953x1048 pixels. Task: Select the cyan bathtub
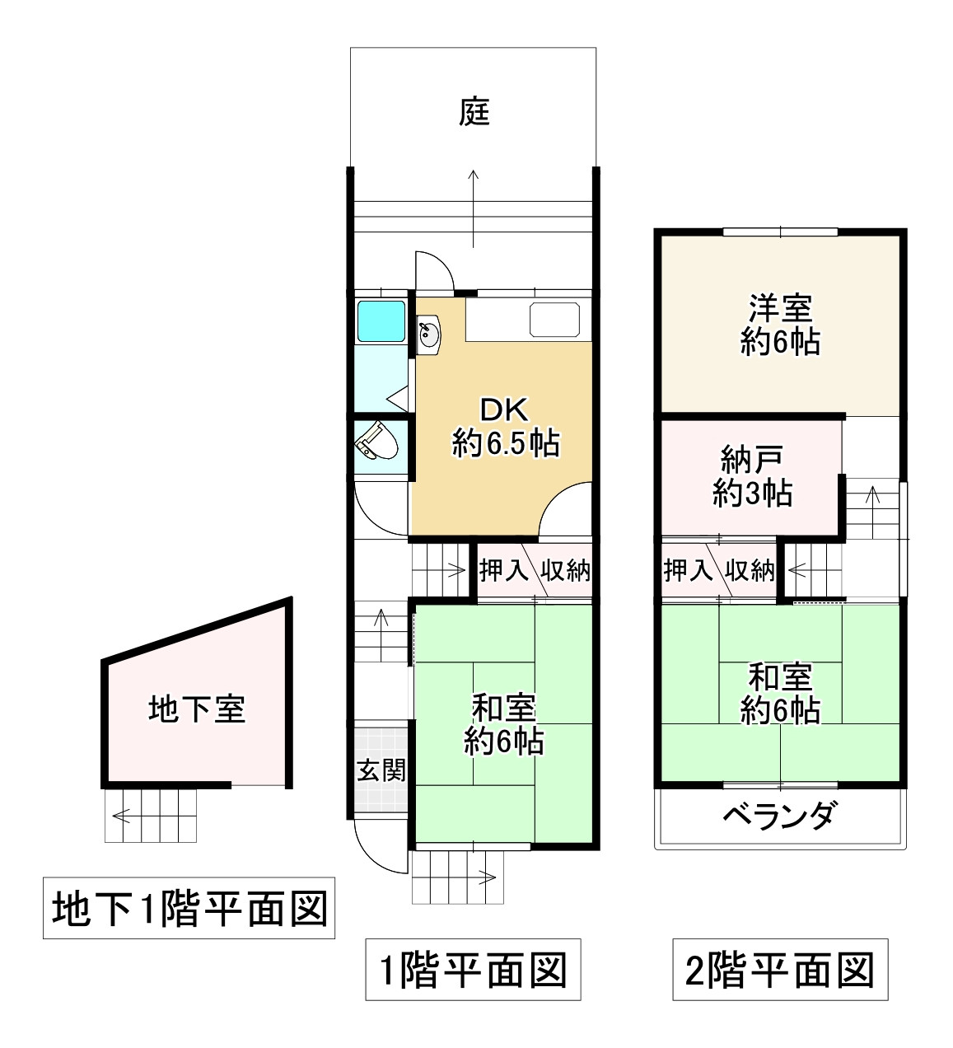[381, 320]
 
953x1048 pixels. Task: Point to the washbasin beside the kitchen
[429, 335]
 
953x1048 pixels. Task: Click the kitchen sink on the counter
[554, 319]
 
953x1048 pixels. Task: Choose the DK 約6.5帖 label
[505, 427]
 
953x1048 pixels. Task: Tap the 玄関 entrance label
[381, 770]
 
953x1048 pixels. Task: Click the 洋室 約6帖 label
[780, 325]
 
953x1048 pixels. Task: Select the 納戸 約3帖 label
[752, 475]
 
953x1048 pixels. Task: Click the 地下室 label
[197, 709]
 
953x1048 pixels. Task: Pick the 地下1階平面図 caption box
[189, 907]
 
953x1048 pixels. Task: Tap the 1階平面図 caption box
[473, 969]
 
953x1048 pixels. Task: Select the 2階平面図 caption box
[780, 969]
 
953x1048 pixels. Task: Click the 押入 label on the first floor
[502, 570]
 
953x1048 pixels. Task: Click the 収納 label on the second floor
[750, 570]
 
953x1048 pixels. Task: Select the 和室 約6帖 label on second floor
[780, 693]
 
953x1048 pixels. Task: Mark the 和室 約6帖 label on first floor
[503, 723]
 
